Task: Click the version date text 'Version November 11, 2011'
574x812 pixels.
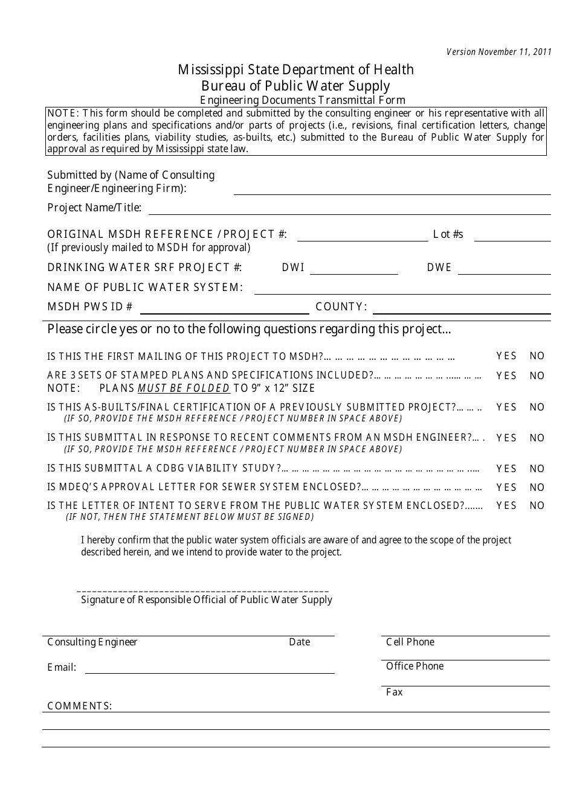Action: tap(498, 52)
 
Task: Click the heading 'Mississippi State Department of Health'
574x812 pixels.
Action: tap(295, 70)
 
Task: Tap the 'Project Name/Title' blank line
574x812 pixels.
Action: tap(349, 209)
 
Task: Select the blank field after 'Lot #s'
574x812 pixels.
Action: tap(512, 235)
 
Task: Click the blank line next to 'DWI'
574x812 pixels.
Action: tap(353, 269)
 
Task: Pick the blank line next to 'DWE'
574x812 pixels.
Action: tap(504, 269)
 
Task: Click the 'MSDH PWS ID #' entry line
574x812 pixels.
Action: tap(224, 308)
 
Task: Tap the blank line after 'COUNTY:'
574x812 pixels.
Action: tap(462, 308)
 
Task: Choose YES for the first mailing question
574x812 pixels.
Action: tap(506, 356)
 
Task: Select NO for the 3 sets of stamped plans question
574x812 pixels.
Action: tap(537, 376)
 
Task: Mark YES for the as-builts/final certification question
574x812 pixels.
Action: tap(506, 408)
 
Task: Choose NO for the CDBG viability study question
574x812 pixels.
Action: tap(537, 468)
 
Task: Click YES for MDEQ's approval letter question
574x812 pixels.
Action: tap(506, 487)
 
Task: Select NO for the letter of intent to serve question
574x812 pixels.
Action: tap(537, 506)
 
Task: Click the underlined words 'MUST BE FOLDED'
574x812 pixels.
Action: tap(184, 388)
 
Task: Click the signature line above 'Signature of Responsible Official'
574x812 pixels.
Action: tap(203, 590)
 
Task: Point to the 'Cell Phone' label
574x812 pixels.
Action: tap(410, 642)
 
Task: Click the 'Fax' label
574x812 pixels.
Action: tap(395, 692)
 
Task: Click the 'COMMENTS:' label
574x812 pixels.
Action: tap(80, 706)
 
